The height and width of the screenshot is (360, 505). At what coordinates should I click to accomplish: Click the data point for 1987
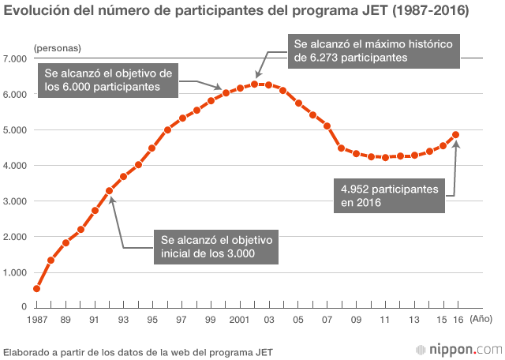click(36, 289)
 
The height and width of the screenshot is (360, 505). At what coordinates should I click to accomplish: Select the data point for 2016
click(456, 135)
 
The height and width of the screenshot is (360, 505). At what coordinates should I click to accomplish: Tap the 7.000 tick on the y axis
click(16, 59)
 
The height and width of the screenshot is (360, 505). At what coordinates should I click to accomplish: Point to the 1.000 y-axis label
click(16, 272)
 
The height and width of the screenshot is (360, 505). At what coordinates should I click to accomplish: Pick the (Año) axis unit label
click(480, 319)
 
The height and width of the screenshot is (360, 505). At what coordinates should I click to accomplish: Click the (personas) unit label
click(57, 48)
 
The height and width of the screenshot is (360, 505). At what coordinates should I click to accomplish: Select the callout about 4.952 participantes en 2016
click(389, 196)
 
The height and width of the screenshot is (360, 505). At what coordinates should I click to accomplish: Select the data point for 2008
click(341, 148)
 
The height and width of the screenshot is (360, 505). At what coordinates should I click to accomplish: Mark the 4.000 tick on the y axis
click(16, 166)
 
